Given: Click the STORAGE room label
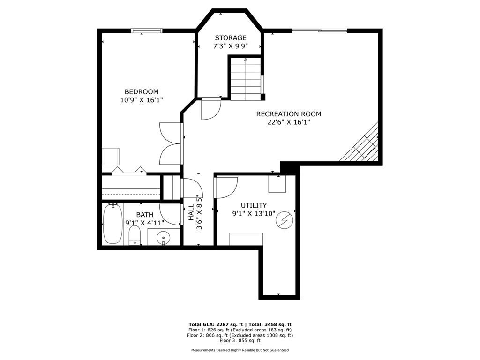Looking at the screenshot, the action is tap(231, 38).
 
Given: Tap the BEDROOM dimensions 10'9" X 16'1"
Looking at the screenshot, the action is tap(142, 100).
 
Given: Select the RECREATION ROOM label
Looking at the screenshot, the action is tap(289, 114).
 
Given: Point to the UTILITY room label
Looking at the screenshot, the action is tap(254, 205).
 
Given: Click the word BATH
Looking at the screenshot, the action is tap(145, 215).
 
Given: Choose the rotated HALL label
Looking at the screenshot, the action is tap(191, 212).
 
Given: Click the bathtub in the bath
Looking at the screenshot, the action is tap(112, 224).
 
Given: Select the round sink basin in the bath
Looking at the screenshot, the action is tap(164, 237).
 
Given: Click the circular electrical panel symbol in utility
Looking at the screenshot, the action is tap(285, 219).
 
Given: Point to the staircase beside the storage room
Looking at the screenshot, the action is tap(246, 78).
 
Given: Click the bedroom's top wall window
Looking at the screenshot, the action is tap(146, 30).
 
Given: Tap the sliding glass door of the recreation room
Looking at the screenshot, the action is tap(320, 30).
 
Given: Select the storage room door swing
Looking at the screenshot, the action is tap(211, 109).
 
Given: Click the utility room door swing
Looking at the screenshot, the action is tap(227, 187).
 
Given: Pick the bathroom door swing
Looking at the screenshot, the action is tap(170, 214).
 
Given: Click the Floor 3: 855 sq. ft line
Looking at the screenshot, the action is tap(240, 340).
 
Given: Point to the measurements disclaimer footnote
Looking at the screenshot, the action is tap(240, 350).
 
